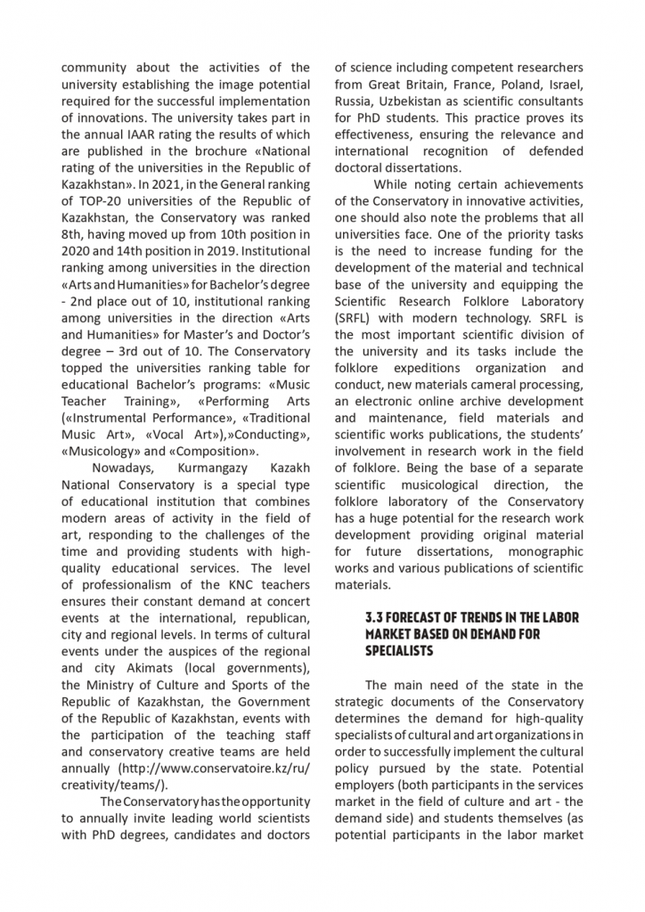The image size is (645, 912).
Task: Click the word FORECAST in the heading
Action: coord(420,618)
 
